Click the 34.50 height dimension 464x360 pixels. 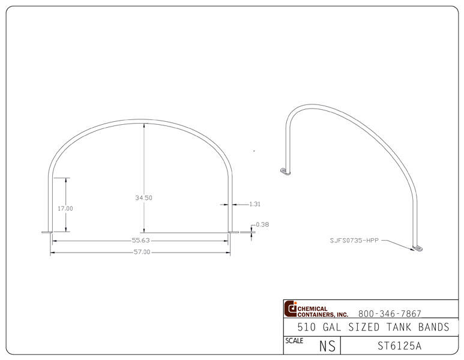(143, 197)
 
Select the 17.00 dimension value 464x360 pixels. (65, 208)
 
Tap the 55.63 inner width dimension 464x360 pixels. (140, 241)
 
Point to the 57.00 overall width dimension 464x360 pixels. (140, 252)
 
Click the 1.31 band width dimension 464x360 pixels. (255, 204)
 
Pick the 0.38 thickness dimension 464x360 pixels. (262, 224)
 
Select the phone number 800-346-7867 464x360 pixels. (389, 313)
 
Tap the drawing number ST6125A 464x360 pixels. (399, 346)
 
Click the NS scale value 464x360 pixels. (327, 346)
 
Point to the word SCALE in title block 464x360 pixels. (294, 340)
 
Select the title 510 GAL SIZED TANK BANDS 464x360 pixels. (373, 327)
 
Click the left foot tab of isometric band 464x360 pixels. (285, 172)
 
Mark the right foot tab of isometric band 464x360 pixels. (418, 247)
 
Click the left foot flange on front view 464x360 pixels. (46, 232)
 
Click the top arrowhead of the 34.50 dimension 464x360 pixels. (143, 125)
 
